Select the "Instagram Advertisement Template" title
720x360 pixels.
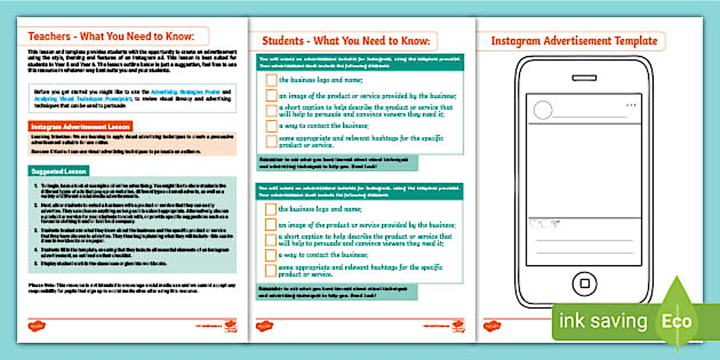pyautogui.click(x=574, y=41)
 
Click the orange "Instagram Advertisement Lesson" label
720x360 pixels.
pyautogui.click(x=80, y=126)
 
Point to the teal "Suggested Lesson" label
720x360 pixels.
pyautogui.click(x=58, y=171)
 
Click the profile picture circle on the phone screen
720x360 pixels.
pyautogui.click(x=543, y=110)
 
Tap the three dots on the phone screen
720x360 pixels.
pyautogui.click(x=631, y=106)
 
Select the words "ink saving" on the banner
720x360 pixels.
pyautogui.click(x=602, y=321)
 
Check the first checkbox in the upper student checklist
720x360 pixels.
pyautogui.click(x=271, y=81)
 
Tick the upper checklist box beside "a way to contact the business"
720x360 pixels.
pyautogui.click(x=271, y=126)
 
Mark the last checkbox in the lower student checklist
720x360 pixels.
pyautogui.click(x=271, y=270)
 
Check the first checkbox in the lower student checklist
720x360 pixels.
pyautogui.click(x=271, y=210)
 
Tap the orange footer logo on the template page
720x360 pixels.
pyautogui.click(x=492, y=326)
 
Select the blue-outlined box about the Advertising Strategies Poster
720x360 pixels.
pyautogui.click(x=132, y=95)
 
